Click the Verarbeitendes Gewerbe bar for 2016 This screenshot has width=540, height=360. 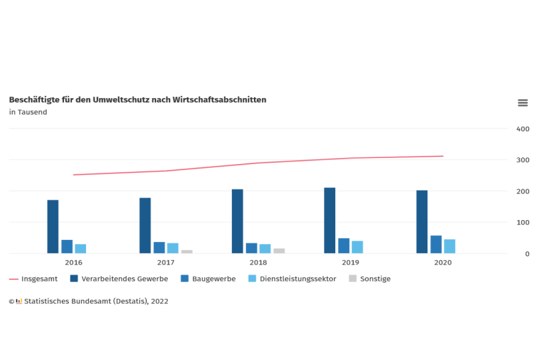click(x=53, y=227)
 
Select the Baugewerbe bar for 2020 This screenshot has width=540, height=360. click(x=436, y=245)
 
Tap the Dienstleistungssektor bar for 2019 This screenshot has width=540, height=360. click(x=357, y=247)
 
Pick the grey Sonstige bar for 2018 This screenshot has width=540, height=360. click(x=279, y=251)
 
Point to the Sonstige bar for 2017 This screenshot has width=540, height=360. click(x=187, y=251)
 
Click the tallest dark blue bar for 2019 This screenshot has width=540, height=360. click(x=329, y=221)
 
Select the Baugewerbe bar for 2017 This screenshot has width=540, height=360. click(x=159, y=247)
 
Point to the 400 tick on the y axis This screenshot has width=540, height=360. click(x=523, y=129)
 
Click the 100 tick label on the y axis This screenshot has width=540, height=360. click(x=523, y=223)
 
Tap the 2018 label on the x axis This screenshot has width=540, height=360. click(x=258, y=263)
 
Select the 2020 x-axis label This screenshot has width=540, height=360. click(x=443, y=263)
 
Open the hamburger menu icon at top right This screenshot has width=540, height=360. click(x=523, y=103)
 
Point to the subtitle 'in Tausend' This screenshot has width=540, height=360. click(x=28, y=112)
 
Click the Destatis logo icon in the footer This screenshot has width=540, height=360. click(x=19, y=301)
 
